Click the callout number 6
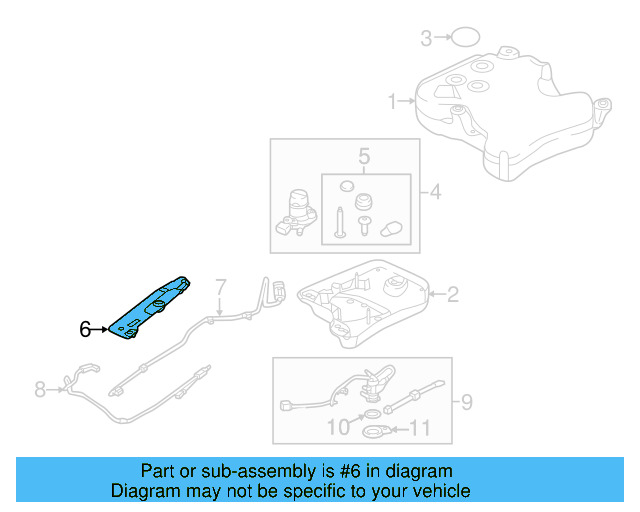coord(85,328)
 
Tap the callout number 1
coord(394,100)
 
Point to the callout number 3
coord(426,39)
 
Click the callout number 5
coord(364,157)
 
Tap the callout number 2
coord(452,294)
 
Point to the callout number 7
coord(221,286)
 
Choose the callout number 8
coord(41,389)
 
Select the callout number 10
coord(339,428)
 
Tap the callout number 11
coord(420,430)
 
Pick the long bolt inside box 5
coord(342,218)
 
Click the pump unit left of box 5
coord(297,211)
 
